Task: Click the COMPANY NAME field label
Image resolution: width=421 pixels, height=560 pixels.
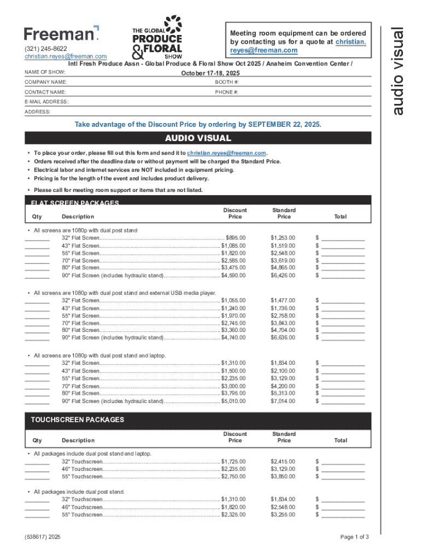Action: [45, 82]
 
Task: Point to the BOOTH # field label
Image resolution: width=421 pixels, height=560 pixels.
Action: [227, 82]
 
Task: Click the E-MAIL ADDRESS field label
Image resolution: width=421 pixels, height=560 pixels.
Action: [46, 102]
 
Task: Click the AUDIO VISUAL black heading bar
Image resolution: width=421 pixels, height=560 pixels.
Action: [198, 138]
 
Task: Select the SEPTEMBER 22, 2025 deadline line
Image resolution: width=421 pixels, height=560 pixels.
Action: [198, 125]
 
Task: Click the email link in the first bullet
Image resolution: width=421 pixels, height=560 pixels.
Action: [226, 153]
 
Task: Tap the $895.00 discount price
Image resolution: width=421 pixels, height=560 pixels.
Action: [236, 238]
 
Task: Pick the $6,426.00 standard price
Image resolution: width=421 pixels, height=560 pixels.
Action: [283, 276]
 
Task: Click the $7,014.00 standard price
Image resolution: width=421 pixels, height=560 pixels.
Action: [283, 401]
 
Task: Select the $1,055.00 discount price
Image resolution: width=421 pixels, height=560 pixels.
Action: [233, 300]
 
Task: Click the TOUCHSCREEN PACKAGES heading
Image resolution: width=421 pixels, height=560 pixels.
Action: [77, 420]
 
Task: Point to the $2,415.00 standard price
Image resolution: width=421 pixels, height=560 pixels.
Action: [283, 462]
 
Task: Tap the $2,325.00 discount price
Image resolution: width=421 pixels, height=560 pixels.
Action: [233, 515]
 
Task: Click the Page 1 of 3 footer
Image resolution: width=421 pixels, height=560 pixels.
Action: [354, 537]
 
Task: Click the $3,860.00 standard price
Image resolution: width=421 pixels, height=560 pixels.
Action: [283, 477]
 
